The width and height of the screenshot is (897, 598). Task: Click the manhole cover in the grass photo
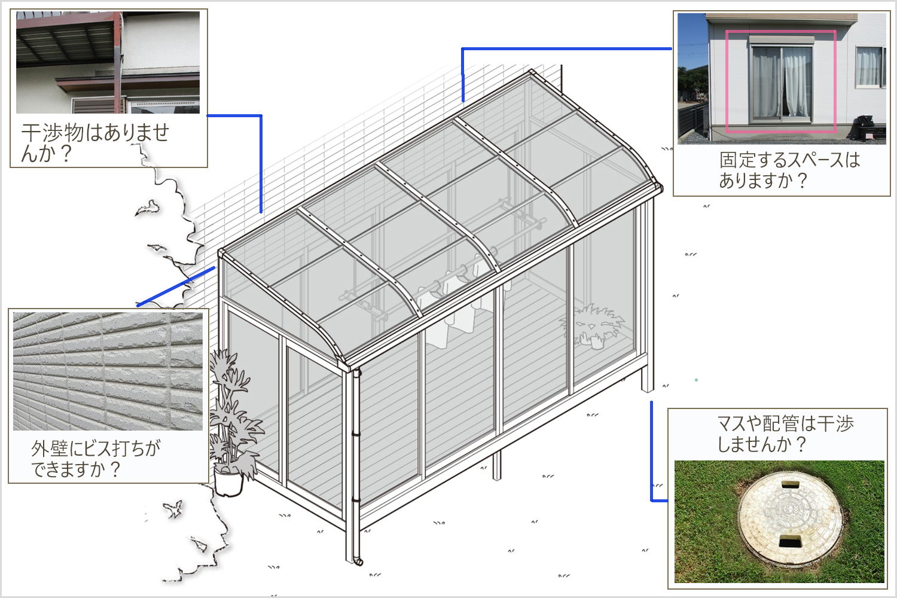click(x=790, y=517)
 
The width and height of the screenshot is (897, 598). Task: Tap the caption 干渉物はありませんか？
click(x=95, y=143)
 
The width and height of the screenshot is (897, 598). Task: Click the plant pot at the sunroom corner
click(x=228, y=482)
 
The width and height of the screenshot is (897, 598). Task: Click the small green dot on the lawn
click(x=697, y=380)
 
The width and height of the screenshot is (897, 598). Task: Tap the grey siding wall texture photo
click(x=108, y=371)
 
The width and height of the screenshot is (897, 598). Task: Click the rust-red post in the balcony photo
click(x=118, y=62)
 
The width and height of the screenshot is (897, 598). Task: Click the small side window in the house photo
click(x=869, y=67)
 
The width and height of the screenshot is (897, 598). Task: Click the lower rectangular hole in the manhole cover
click(x=790, y=542)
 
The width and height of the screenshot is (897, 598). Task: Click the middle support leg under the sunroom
click(x=496, y=466)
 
